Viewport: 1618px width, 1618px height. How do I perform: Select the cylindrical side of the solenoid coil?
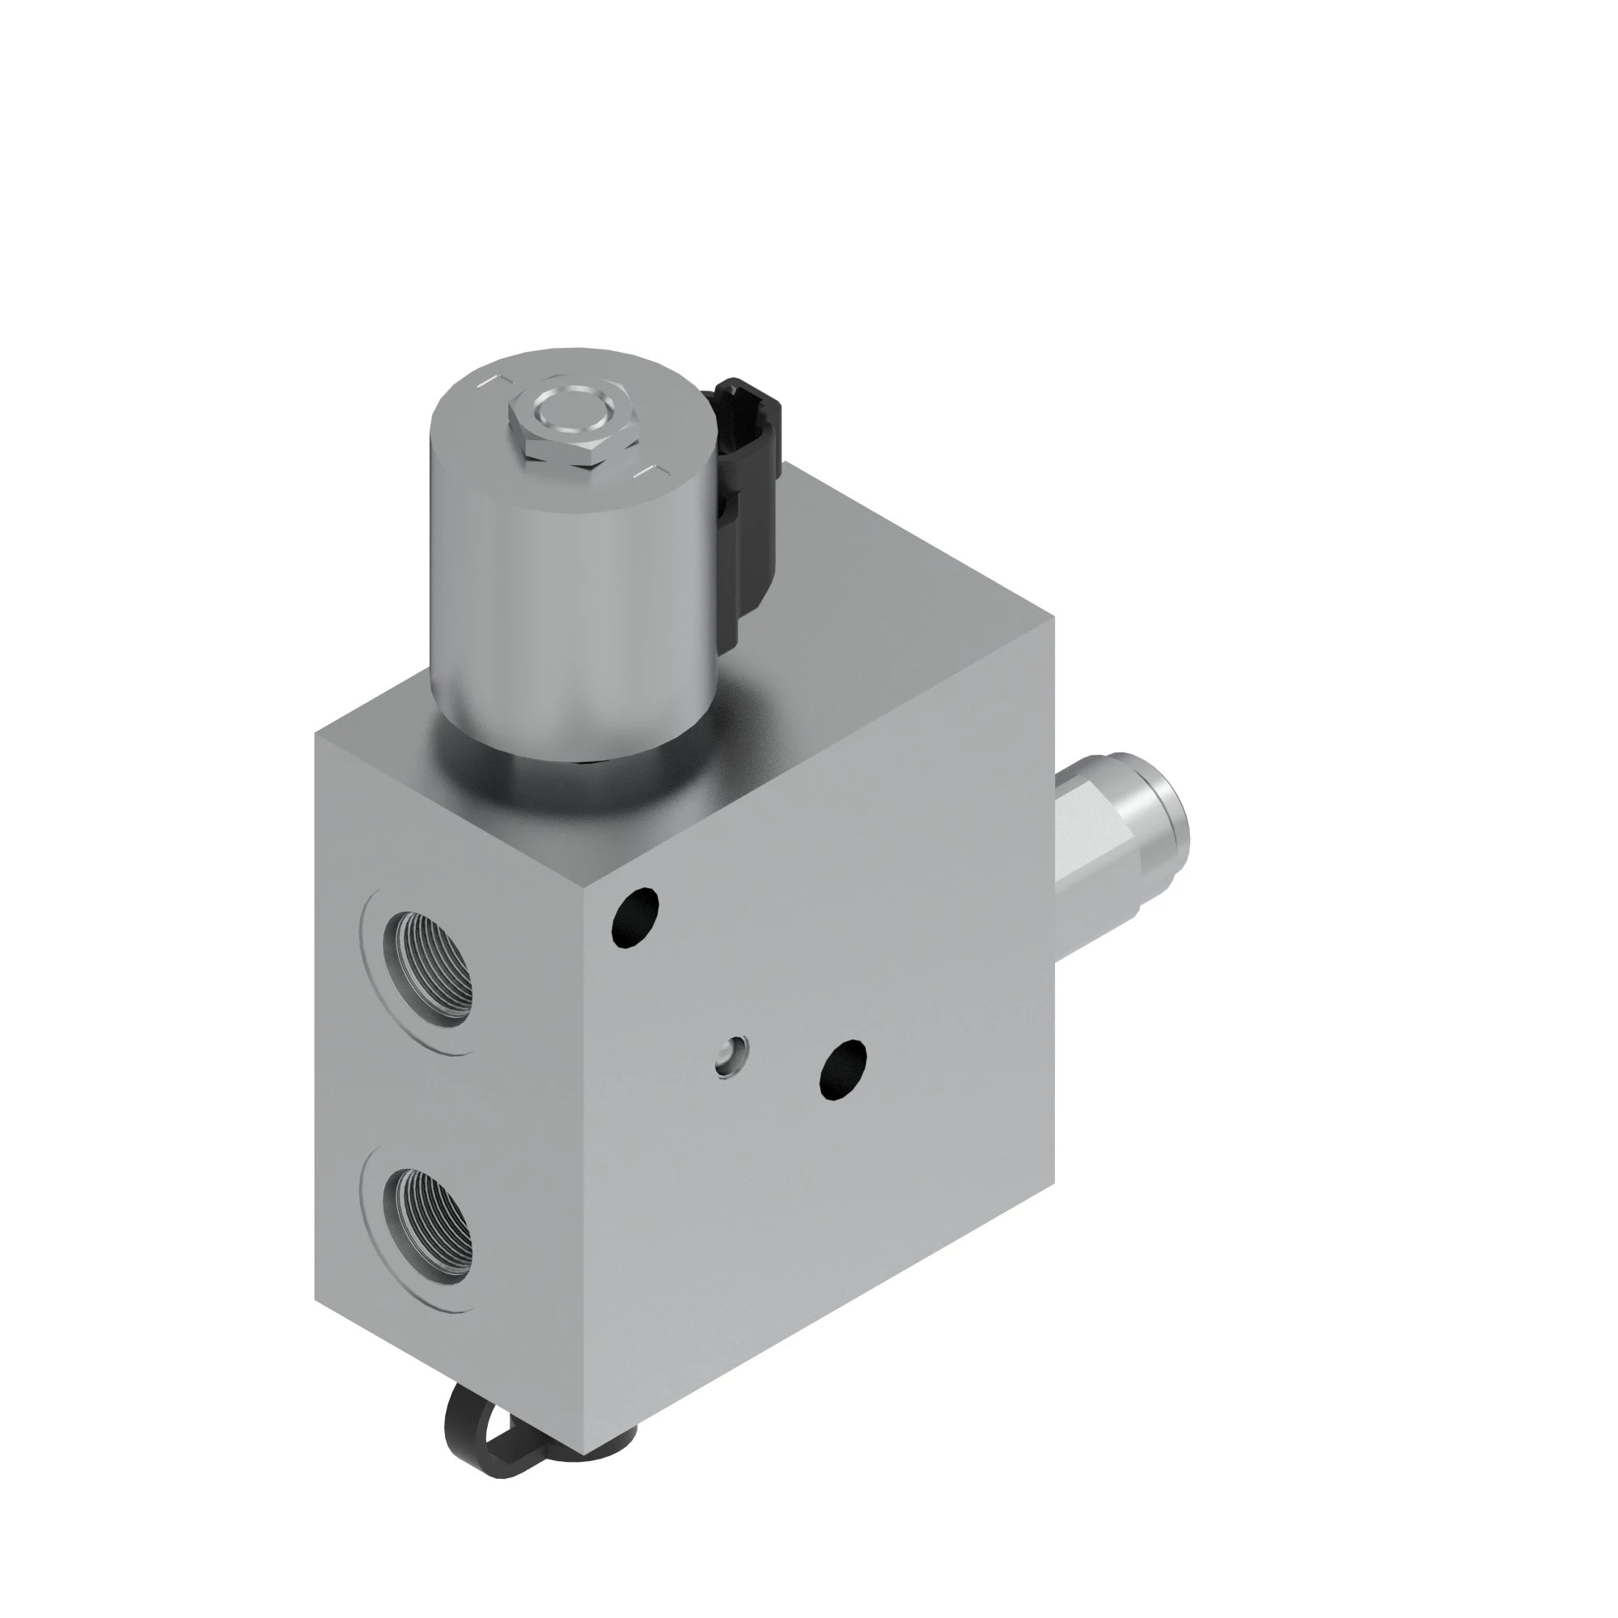coord(553,603)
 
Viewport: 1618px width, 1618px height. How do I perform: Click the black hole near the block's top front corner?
coord(636,917)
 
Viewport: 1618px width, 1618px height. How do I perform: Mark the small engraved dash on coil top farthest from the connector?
coord(485,382)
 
